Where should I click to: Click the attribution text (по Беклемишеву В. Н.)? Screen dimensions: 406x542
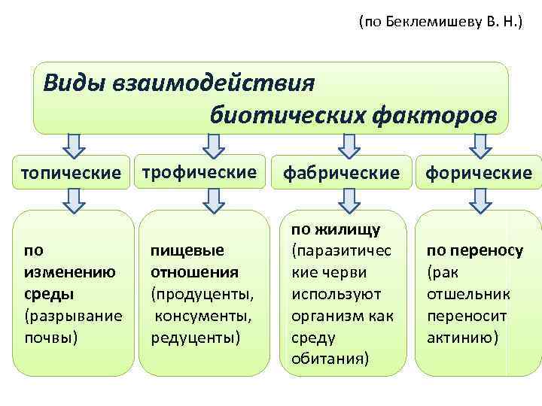(440, 23)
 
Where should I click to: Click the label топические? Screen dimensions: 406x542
(72, 173)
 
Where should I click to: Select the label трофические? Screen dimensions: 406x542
(199, 172)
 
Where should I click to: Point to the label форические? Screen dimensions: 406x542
(479, 173)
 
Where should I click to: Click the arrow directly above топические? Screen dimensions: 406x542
(72, 144)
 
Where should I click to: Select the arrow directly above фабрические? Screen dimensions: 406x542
(347, 144)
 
